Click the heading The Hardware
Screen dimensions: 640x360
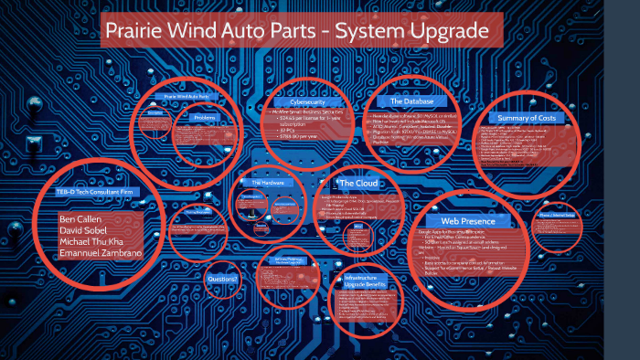click(268, 183)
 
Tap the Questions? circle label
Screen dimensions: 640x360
click(223, 278)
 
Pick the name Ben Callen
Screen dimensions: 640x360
click(81, 220)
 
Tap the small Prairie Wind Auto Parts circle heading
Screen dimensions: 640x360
click(186, 96)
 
